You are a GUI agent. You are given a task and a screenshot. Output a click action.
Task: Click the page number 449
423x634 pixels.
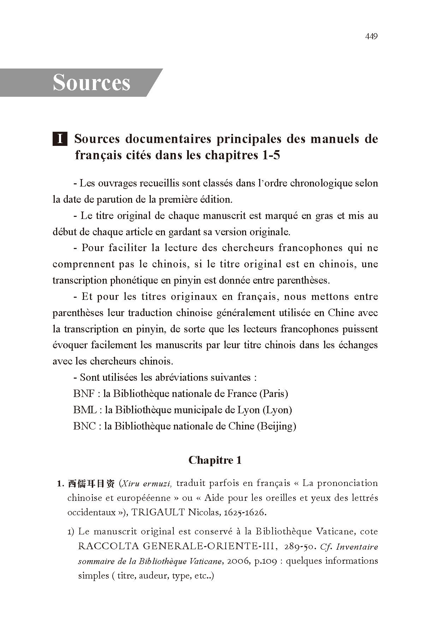coord(371,36)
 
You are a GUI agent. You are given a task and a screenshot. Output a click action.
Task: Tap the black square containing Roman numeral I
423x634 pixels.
coord(60,139)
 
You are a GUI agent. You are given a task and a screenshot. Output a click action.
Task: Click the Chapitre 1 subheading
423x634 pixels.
coord(215,460)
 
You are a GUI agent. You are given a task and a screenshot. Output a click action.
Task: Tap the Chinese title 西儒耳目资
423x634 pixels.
coord(91,484)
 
